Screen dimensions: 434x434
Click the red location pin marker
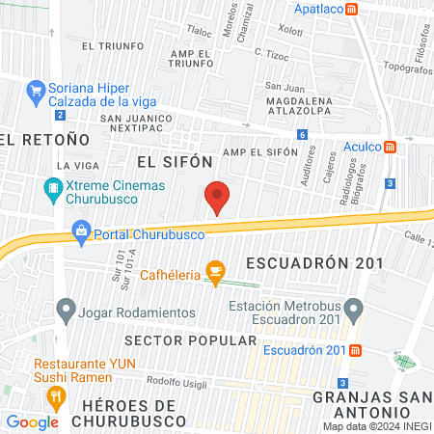pos(218,197)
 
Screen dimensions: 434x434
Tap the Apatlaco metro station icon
pos(353,9)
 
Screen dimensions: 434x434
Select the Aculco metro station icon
pos(391,147)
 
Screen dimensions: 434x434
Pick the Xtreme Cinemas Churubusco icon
pos(52,188)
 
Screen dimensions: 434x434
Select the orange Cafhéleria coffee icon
pos(215,276)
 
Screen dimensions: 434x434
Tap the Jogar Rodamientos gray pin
pos(66,311)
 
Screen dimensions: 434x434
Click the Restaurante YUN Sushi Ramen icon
pos(57,394)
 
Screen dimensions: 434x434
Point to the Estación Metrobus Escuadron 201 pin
pos(354,311)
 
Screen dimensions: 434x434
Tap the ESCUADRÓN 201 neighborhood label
pos(314,262)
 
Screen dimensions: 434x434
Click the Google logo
pos(32,421)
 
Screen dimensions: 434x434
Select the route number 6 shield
pos(303,135)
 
